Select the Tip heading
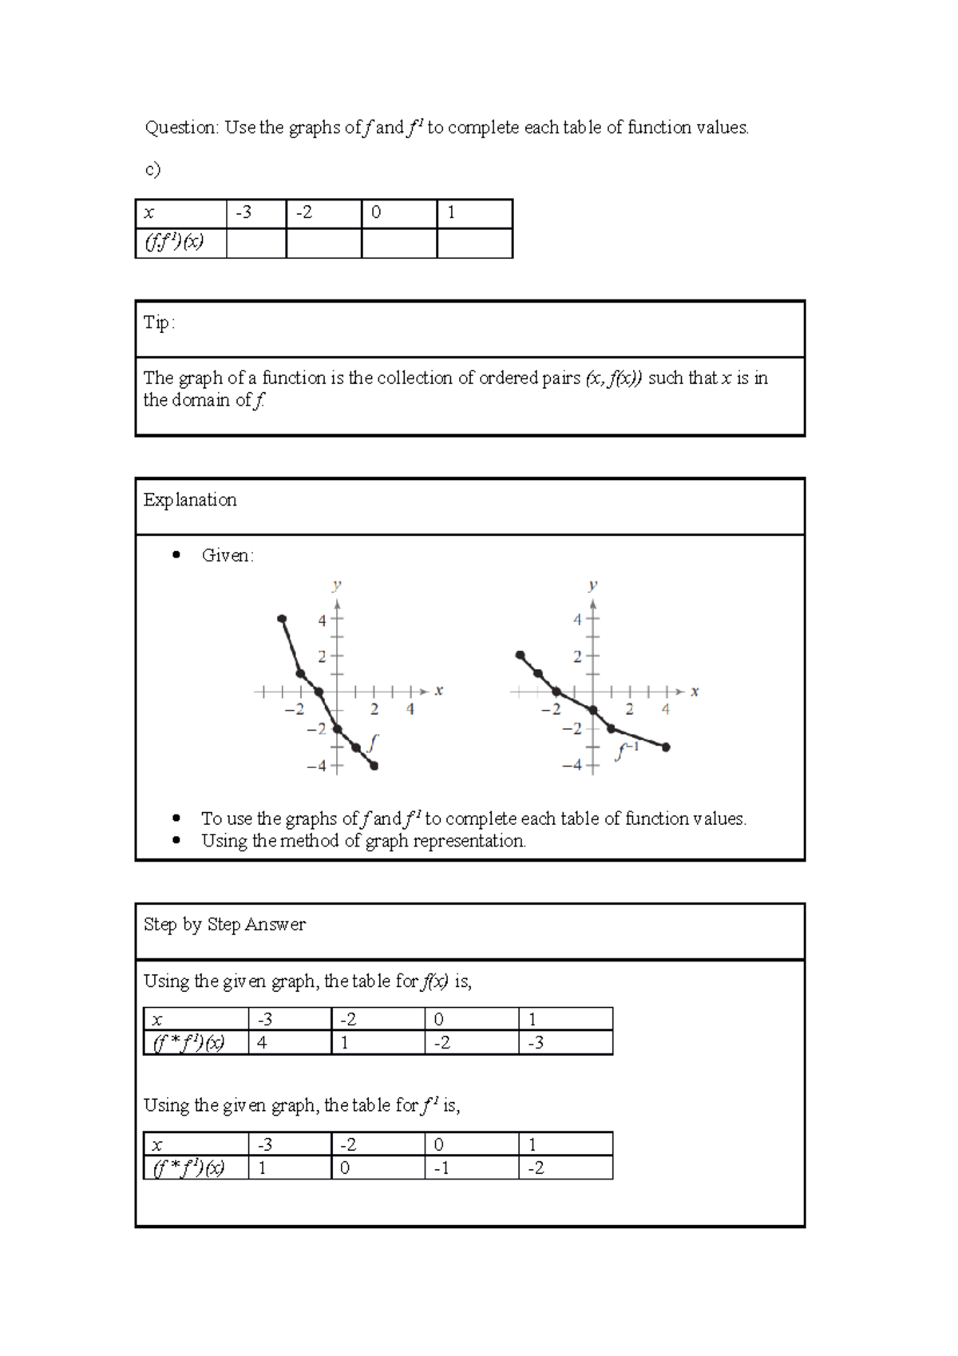158,323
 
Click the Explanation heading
190,500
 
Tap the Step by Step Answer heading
224,925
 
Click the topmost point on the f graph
282,619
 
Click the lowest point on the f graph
374,766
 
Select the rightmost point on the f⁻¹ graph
666,747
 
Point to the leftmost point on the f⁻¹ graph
520,655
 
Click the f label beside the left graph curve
373,740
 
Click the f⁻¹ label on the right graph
627,751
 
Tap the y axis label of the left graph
337,585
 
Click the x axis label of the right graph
695,692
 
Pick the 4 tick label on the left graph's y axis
322,621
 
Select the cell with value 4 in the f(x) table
289,1043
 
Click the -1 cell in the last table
470,1168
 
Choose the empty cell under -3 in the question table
256,243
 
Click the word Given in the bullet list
227,556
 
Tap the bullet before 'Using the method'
176,840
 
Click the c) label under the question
152,169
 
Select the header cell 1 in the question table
474,213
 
